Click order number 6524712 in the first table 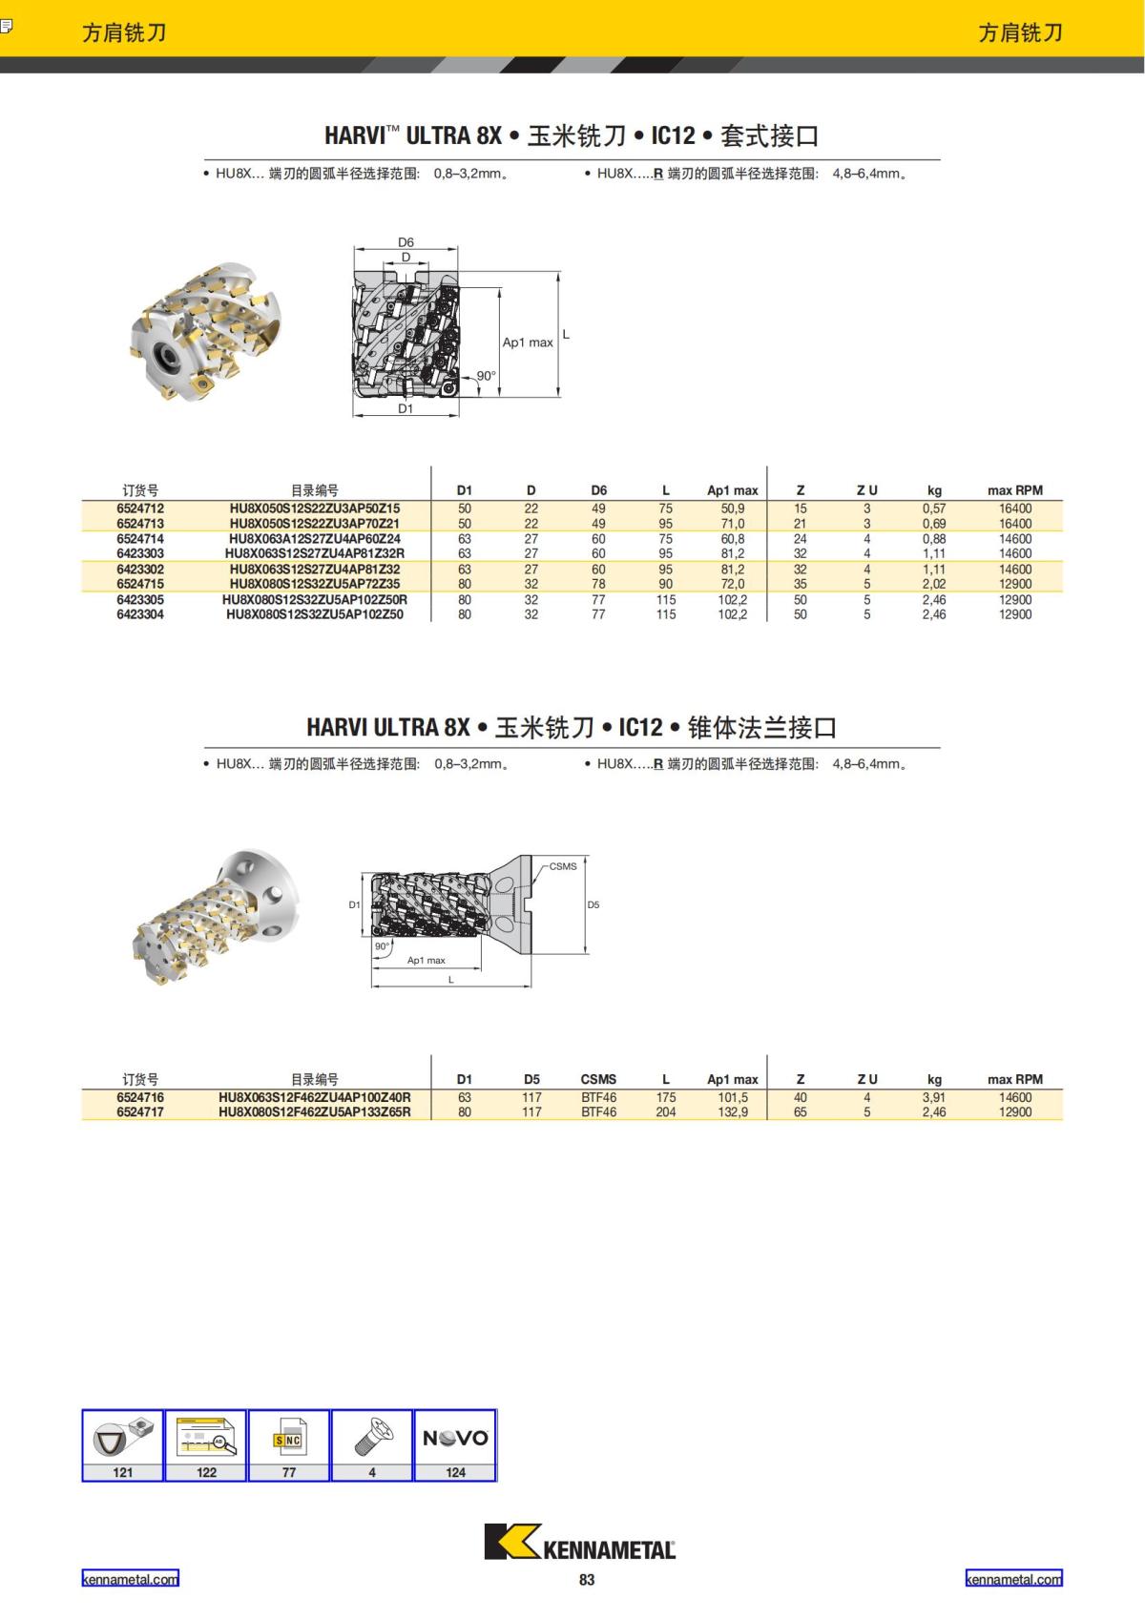[x=140, y=509]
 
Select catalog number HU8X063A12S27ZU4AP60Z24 [x=315, y=539]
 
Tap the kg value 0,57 [x=934, y=509]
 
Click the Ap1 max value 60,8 [x=733, y=539]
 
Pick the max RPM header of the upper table [x=1015, y=490]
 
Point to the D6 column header [x=598, y=490]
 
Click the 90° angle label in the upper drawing [x=486, y=376]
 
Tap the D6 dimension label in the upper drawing [x=406, y=242]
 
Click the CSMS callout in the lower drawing [x=563, y=866]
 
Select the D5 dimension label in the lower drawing [x=593, y=904]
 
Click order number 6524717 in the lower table [x=140, y=1112]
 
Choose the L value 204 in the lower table [x=666, y=1112]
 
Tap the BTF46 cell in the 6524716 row [x=598, y=1098]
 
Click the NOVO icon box [x=455, y=1438]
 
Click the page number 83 [x=587, y=1580]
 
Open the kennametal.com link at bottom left [x=130, y=1579]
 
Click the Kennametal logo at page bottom [x=579, y=1543]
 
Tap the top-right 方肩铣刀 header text [x=1020, y=32]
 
